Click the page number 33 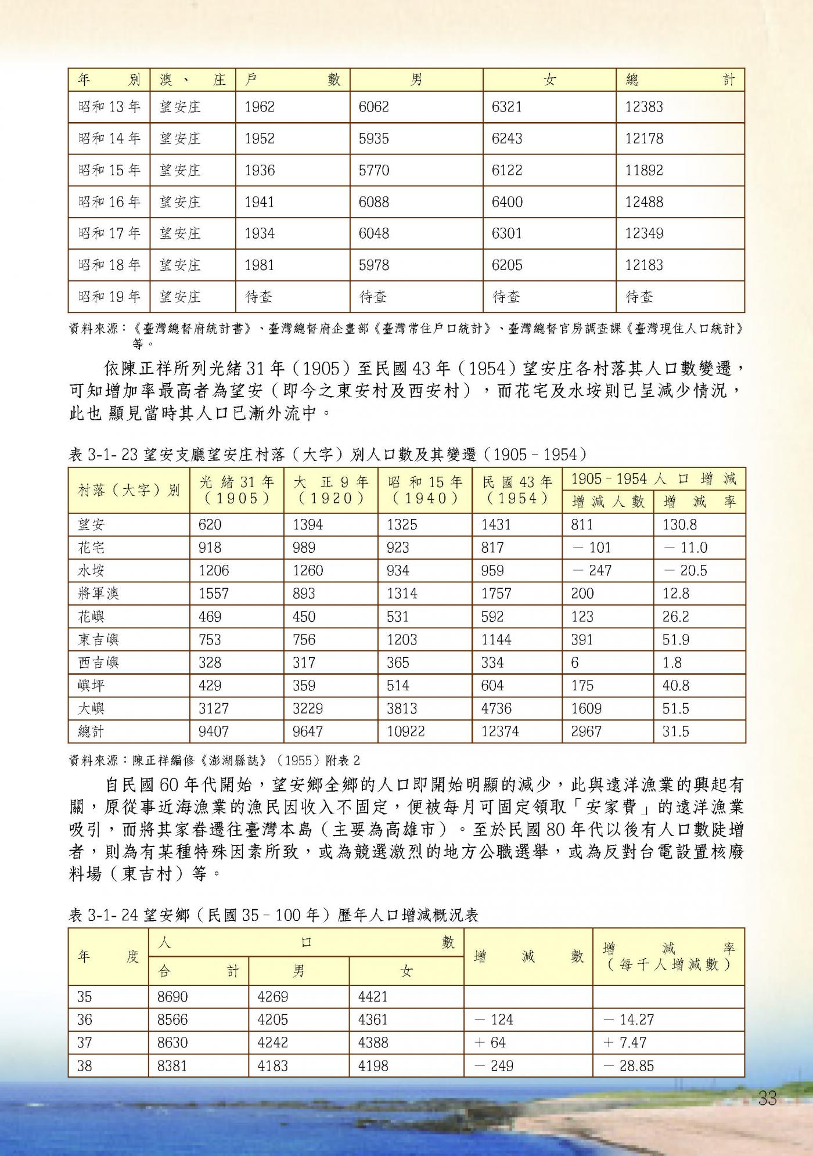767,1099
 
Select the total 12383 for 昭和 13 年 644,107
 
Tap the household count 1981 260,265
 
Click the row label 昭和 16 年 109,202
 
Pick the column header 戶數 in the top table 293,80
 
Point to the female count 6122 506,170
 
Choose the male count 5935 373,139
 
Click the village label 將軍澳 98,593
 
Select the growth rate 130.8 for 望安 679,525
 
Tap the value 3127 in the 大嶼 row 214,708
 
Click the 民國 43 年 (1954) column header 517,490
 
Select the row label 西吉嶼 98,662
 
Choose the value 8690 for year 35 172,997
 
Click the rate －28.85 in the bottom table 628,1066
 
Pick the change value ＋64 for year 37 491,1043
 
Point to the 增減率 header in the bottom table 668,957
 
